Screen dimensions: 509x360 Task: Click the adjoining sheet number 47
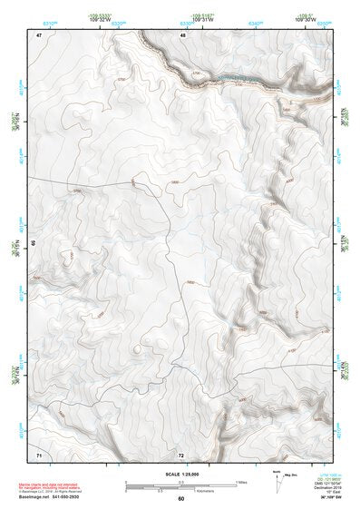coord(39,34)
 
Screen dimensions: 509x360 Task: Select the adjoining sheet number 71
coord(39,453)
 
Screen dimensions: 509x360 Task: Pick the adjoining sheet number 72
coord(181,453)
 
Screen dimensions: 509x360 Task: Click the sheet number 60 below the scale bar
coord(181,498)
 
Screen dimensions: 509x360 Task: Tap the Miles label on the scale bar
coord(240,482)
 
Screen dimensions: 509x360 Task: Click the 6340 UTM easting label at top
coord(255,25)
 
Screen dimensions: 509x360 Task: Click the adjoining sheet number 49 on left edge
coord(33,243)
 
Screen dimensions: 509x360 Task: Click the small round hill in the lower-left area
coord(137,347)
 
